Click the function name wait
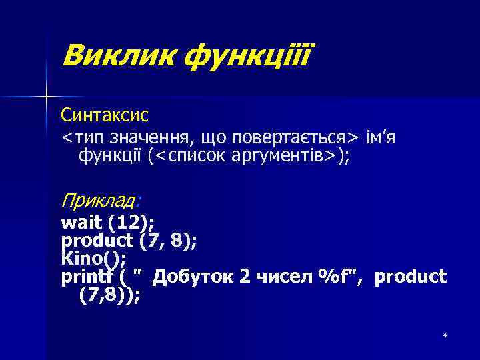[77, 221]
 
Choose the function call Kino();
[94, 257]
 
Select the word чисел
[282, 276]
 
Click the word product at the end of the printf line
[411, 276]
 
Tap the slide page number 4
[444, 334]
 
